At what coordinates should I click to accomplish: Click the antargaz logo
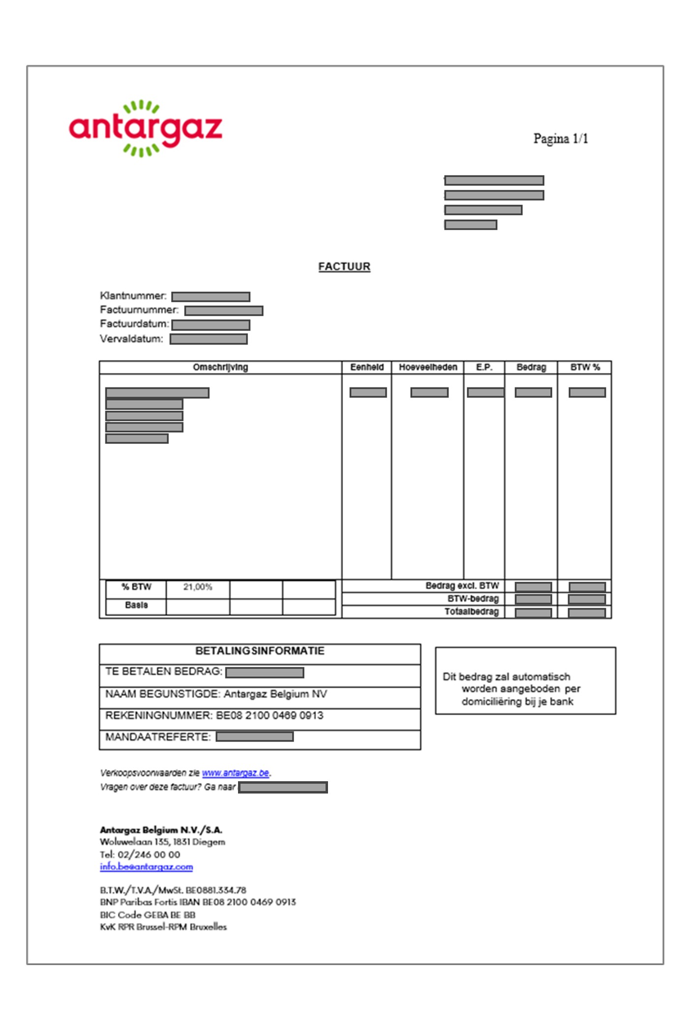[x=146, y=128]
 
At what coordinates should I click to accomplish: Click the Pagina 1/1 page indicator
[x=560, y=139]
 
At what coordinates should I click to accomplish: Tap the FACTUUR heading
[x=344, y=266]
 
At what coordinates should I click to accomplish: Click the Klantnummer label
[x=133, y=296]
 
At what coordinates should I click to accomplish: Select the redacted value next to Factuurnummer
[x=224, y=311]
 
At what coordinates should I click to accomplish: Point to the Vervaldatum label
[x=131, y=339]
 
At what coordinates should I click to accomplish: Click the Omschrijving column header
[x=220, y=367]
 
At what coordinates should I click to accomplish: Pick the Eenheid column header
[x=367, y=367]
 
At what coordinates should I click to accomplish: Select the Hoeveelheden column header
[x=428, y=367]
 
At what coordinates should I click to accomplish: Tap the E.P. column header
[x=484, y=367]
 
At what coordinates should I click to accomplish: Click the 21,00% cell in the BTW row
[x=198, y=587]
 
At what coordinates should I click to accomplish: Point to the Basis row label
[x=136, y=605]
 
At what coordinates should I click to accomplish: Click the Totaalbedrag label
[x=472, y=612]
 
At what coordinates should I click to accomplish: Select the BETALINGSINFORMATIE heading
[x=260, y=651]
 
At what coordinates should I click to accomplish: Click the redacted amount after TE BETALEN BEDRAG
[x=265, y=672]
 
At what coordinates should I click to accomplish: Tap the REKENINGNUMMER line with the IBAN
[x=214, y=715]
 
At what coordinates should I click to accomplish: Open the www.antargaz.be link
[x=236, y=773]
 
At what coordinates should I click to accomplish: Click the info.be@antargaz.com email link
[x=146, y=867]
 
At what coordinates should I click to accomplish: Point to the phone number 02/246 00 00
[x=149, y=854]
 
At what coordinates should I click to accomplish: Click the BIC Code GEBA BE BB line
[x=148, y=915]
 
